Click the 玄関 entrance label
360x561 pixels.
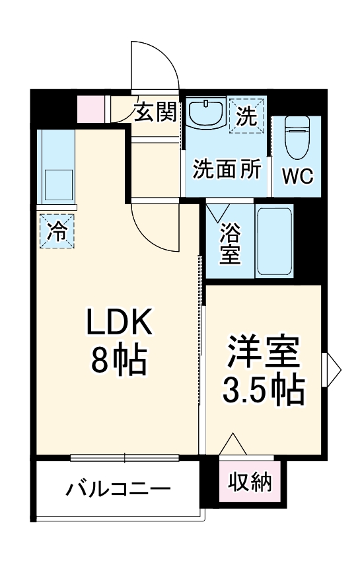[x=156, y=112]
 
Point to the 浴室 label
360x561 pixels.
[x=229, y=243]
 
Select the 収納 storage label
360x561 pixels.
[x=250, y=482]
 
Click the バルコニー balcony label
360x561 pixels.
[x=118, y=490]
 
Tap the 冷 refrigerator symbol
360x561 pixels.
[x=57, y=231]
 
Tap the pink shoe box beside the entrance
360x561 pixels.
[x=91, y=108]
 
